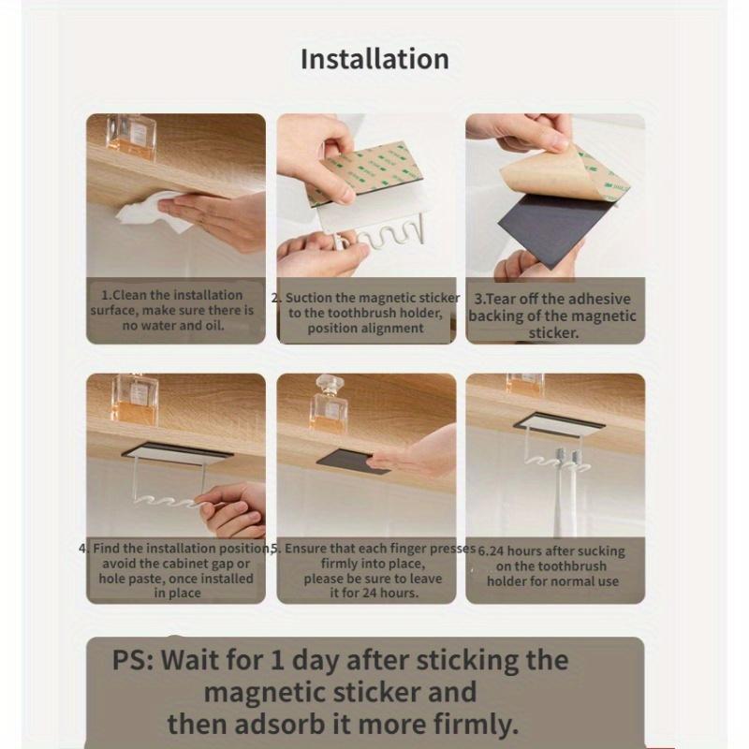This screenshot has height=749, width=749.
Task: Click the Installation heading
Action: pyautogui.click(x=374, y=59)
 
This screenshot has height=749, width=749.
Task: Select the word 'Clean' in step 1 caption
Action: pyautogui.click(x=128, y=295)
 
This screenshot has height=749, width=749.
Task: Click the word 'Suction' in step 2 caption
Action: pyautogui.click(x=308, y=298)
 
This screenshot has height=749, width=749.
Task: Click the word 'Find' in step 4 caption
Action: pyautogui.click(x=106, y=549)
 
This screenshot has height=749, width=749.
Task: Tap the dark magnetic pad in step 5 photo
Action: pyautogui.click(x=354, y=461)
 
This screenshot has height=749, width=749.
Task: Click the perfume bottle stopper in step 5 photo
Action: pyautogui.click(x=328, y=384)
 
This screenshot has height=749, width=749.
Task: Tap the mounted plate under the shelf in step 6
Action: pyautogui.click(x=560, y=424)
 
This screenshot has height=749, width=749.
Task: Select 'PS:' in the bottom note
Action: pyautogui.click(x=133, y=660)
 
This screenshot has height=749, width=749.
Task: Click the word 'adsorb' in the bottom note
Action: pyautogui.click(x=281, y=724)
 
